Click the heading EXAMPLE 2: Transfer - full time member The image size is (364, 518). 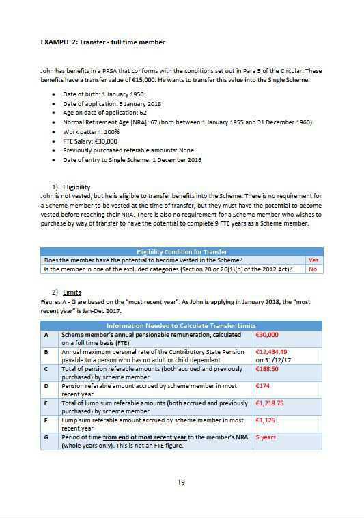(x=102, y=42)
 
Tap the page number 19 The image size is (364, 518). (x=181, y=483)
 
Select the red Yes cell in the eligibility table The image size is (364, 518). (x=313, y=260)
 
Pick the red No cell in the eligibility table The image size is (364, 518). (x=313, y=269)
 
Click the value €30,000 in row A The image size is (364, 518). (x=267, y=335)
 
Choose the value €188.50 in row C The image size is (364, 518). (x=268, y=368)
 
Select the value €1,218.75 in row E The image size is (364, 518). (x=271, y=403)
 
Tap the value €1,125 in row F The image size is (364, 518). (x=266, y=420)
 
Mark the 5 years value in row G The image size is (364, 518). (x=267, y=437)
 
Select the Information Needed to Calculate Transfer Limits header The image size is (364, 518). (x=181, y=325)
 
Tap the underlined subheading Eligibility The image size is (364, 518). (x=76, y=187)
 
